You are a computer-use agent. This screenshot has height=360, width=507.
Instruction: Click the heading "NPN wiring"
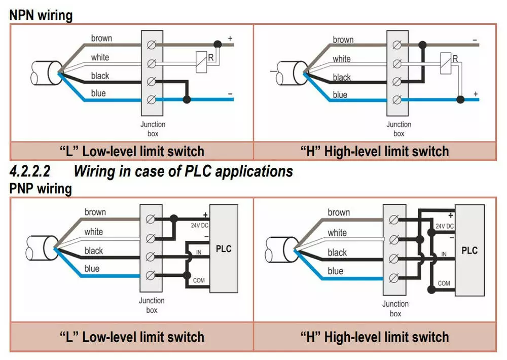click(x=41, y=15)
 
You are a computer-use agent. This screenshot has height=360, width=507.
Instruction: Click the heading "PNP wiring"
click(x=41, y=189)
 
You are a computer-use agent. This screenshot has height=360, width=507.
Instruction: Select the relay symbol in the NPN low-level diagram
click(x=201, y=58)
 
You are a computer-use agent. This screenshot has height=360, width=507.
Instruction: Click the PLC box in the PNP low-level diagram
click(x=224, y=248)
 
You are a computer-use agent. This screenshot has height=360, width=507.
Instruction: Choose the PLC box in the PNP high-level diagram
click(x=470, y=250)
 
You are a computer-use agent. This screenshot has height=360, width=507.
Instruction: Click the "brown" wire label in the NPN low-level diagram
click(x=101, y=39)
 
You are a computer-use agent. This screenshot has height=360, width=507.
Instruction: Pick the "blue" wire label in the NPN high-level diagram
click(x=340, y=95)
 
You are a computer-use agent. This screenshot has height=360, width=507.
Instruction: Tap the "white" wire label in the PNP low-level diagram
click(x=93, y=232)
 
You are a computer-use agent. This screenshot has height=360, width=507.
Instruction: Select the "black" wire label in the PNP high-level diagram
click(x=337, y=252)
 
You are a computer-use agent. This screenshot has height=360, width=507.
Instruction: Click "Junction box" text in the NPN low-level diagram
click(x=153, y=129)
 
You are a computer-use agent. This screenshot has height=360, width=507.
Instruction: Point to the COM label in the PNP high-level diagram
click(x=444, y=283)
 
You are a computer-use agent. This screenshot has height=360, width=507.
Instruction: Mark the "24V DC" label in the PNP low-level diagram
click(x=199, y=225)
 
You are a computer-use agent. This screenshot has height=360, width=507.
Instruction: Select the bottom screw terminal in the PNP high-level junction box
click(x=393, y=278)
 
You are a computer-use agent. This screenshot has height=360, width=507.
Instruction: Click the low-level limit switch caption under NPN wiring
click(x=132, y=151)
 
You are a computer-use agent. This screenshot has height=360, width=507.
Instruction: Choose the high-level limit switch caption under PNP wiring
click(x=375, y=337)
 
